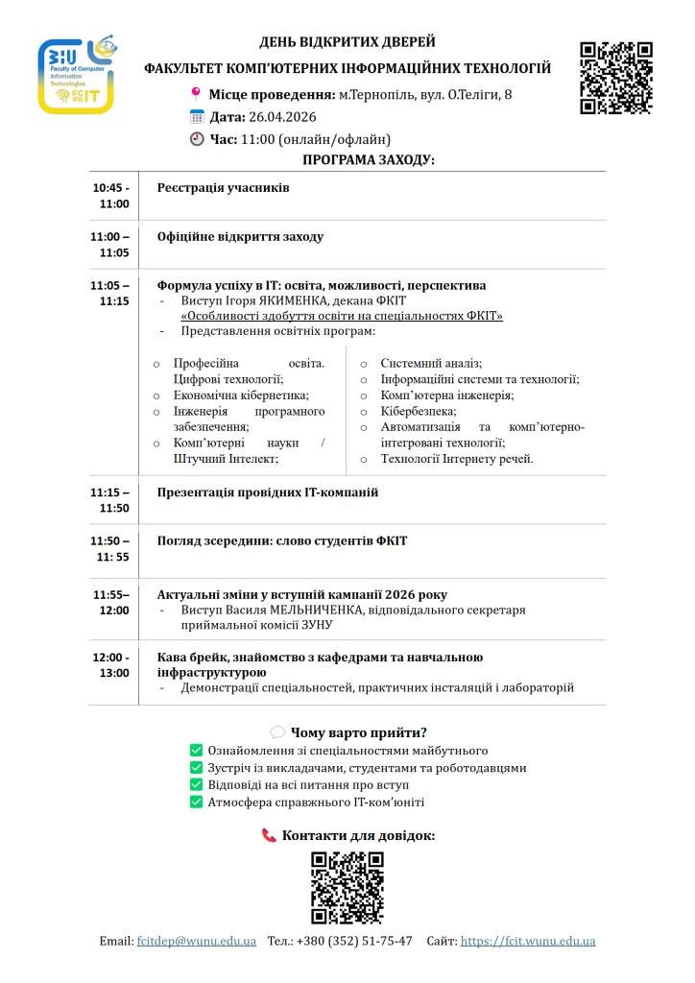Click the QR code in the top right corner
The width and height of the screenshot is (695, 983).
pos(616,78)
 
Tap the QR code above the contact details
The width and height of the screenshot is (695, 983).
pos(347,887)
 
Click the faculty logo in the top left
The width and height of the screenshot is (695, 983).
pos(77,77)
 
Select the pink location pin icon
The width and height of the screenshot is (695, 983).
pos(196,94)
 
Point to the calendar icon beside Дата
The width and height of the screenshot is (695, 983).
pos(197,117)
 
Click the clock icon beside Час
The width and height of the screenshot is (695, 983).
pos(197,139)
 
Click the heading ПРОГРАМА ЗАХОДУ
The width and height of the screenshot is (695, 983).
pos(369,159)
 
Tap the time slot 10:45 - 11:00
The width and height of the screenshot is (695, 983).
pos(110,196)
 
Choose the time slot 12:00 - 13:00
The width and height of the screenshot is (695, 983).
pos(110,664)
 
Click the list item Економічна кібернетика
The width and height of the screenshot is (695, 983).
pos(241,395)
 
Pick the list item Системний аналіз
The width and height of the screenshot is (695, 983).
pos(431,364)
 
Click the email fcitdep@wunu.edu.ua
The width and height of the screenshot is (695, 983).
pos(197,941)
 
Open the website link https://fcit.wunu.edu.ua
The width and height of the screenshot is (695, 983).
pos(528,941)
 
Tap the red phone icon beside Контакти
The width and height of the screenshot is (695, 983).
pos(269,836)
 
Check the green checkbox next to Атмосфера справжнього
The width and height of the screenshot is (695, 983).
pos(196,802)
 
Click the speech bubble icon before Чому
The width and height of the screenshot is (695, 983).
pos(277,732)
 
